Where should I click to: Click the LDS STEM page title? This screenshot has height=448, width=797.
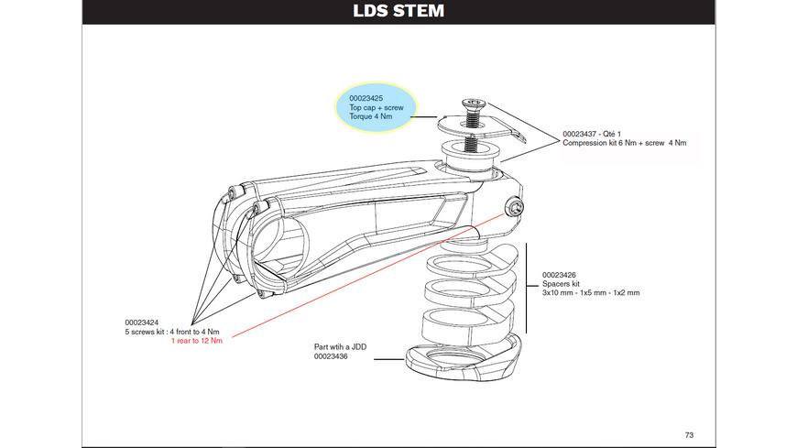(398, 13)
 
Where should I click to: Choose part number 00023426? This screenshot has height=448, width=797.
(561, 274)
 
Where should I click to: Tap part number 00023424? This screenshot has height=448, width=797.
(143, 322)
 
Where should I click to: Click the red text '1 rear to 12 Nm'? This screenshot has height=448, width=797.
(197, 341)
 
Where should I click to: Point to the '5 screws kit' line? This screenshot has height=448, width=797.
(173, 332)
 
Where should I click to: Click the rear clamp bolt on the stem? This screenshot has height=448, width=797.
(515, 208)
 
